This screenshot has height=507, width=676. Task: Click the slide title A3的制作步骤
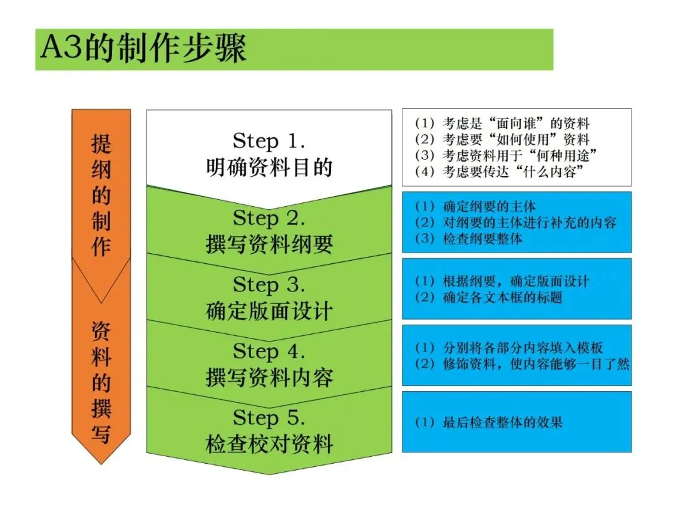tap(144, 49)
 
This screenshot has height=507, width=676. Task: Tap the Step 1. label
tap(269, 140)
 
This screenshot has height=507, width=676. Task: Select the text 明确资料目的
tap(269, 167)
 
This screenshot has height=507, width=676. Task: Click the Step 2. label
tap(269, 219)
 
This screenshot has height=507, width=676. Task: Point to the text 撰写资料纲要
tap(269, 245)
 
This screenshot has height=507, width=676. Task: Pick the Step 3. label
tap(269, 285)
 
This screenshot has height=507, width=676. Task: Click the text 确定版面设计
tap(269, 311)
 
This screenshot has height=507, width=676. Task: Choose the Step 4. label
tap(269, 352)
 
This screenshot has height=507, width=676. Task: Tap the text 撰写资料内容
tap(269, 378)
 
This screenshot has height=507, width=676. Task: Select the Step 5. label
tap(269, 418)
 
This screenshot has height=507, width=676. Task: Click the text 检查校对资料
tap(269, 444)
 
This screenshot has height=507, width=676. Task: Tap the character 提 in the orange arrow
tap(101, 144)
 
